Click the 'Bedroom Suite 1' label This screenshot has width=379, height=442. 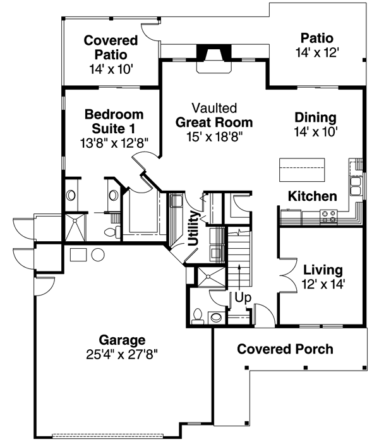(x=114, y=122)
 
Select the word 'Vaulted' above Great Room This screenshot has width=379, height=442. (x=215, y=108)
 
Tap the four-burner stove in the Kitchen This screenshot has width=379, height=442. (x=328, y=217)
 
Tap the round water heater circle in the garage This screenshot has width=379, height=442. (x=98, y=255)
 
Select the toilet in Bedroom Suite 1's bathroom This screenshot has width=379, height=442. (x=112, y=234)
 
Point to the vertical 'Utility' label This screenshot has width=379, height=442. (x=193, y=229)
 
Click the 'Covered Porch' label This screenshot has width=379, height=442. (x=285, y=349)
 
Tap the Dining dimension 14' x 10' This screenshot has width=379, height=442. (x=316, y=132)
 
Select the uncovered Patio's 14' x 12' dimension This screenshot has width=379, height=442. (x=317, y=53)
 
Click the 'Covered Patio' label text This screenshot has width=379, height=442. (x=111, y=48)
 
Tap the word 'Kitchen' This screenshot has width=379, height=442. (x=313, y=196)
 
